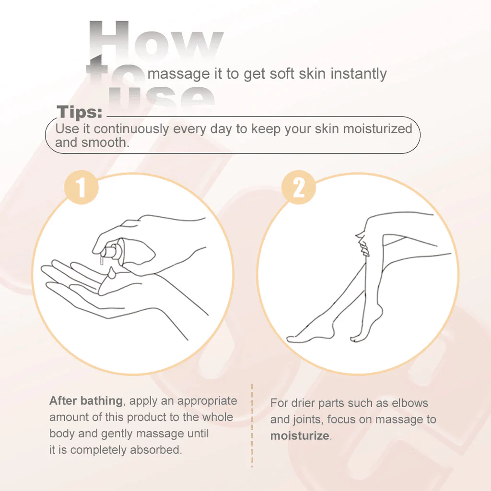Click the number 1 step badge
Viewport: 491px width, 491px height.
82,187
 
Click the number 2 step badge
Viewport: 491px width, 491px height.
298,187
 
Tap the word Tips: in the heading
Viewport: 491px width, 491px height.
80,112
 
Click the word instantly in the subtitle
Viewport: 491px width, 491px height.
359,74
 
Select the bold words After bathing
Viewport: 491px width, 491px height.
86,400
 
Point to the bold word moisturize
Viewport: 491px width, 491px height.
300,435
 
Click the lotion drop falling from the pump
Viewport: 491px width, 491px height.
111,272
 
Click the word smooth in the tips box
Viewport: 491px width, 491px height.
105,142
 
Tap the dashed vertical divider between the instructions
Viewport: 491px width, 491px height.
252,425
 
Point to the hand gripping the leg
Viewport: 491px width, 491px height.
362,244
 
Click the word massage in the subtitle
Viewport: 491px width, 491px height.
178,74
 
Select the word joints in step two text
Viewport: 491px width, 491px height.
308,420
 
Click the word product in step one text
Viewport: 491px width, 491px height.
148,417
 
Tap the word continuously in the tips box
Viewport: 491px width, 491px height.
131,129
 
